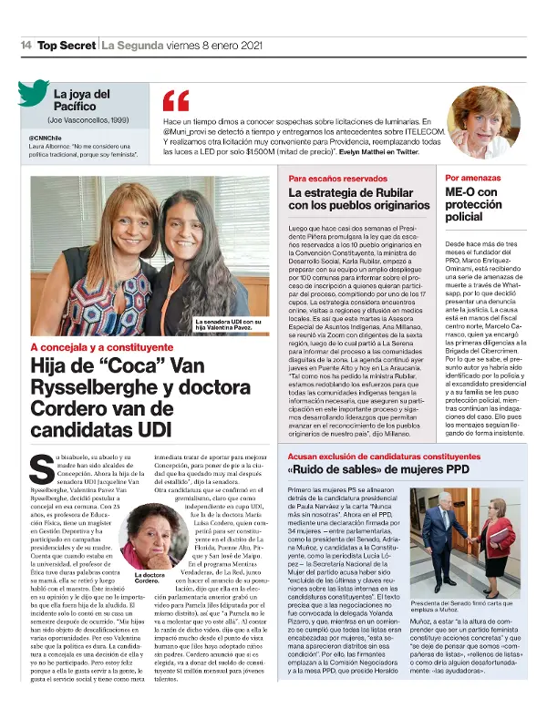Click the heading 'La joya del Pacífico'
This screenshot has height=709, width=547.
[82, 100]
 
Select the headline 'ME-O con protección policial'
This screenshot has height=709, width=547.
[474, 205]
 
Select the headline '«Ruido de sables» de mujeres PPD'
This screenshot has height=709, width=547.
[365, 468]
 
